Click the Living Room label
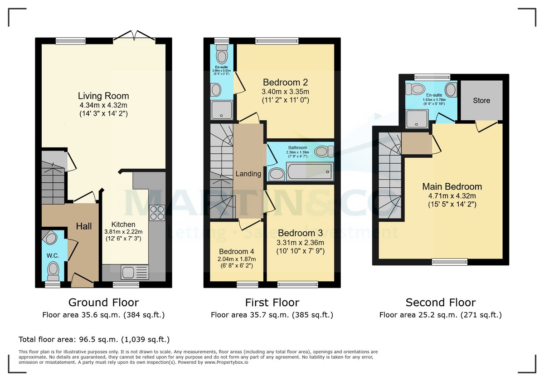pos(103,96)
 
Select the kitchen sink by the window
pos(135,273)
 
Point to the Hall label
pos(83,226)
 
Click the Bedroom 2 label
pos(285,83)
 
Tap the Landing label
pos(248,174)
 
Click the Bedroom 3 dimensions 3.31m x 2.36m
pos(301,242)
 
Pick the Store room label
pos(481,100)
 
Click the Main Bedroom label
pos(452,187)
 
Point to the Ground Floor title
pos(103,303)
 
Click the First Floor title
pos(272,303)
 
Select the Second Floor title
pos(440,303)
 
